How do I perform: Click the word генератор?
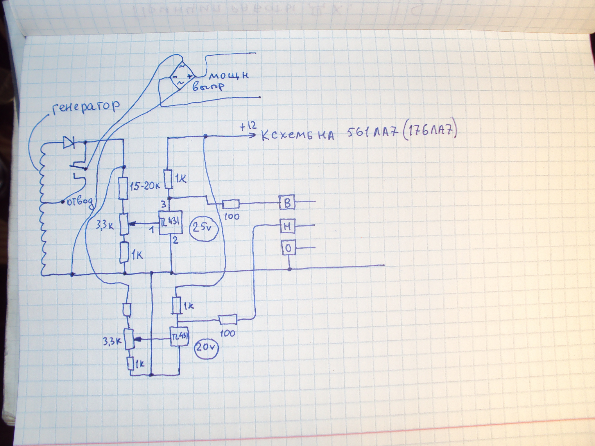tap(86, 108)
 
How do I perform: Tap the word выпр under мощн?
tap(208, 87)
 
